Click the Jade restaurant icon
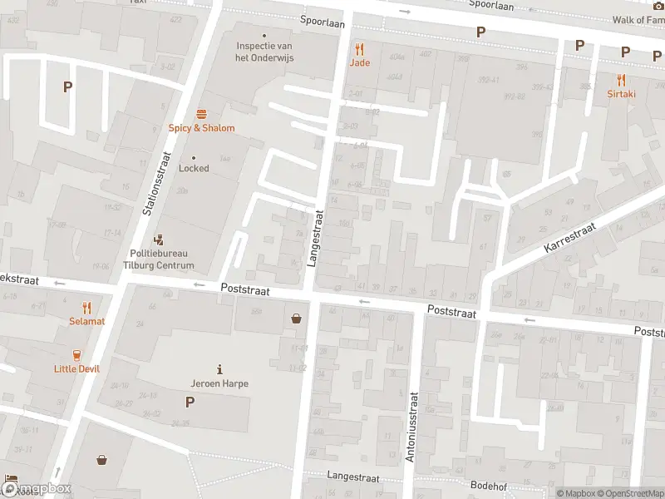360,49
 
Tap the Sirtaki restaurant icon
621,81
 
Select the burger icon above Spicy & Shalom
201,114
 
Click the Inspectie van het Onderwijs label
265,52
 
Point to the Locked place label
194,168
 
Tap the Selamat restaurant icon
86,308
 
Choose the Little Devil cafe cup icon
77,354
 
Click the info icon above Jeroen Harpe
219,369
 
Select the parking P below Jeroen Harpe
190,402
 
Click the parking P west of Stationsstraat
68,86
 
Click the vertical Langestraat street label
315,237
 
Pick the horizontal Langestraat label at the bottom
353,478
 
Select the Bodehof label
489,484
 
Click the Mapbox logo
37,489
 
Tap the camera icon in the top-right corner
658,5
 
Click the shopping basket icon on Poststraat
296,318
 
